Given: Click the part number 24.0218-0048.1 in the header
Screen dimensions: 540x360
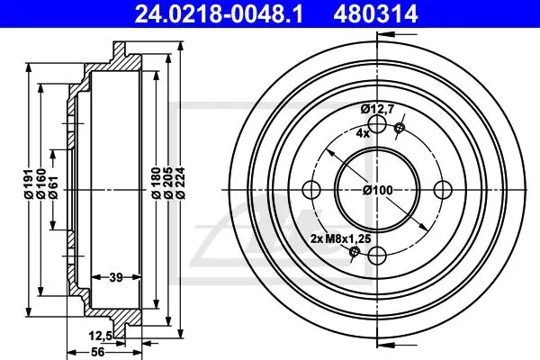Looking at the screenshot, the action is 219,13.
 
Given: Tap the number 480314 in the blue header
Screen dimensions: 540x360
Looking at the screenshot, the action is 375,13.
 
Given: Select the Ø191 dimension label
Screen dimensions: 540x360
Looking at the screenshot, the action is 29,184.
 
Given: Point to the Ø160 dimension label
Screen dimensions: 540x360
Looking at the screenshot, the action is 41,184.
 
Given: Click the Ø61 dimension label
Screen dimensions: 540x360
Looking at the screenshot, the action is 53,188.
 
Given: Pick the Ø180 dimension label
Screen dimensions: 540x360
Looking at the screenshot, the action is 157,183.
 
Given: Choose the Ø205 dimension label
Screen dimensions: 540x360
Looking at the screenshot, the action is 168,183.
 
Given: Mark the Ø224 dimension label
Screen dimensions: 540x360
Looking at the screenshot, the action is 181,183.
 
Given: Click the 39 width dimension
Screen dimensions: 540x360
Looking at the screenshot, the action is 116,277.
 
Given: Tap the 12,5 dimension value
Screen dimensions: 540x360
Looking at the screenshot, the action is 101,336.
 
